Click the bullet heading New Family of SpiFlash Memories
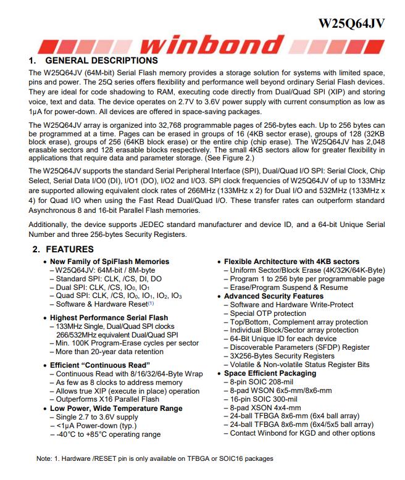click(x=109, y=262)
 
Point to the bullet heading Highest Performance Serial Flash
click(x=109, y=318)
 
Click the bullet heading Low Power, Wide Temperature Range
click(x=115, y=408)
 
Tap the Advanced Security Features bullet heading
click(x=273, y=296)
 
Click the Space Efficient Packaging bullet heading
click(x=270, y=373)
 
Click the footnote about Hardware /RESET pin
click(x=154, y=458)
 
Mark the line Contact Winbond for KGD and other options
click(x=303, y=433)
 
